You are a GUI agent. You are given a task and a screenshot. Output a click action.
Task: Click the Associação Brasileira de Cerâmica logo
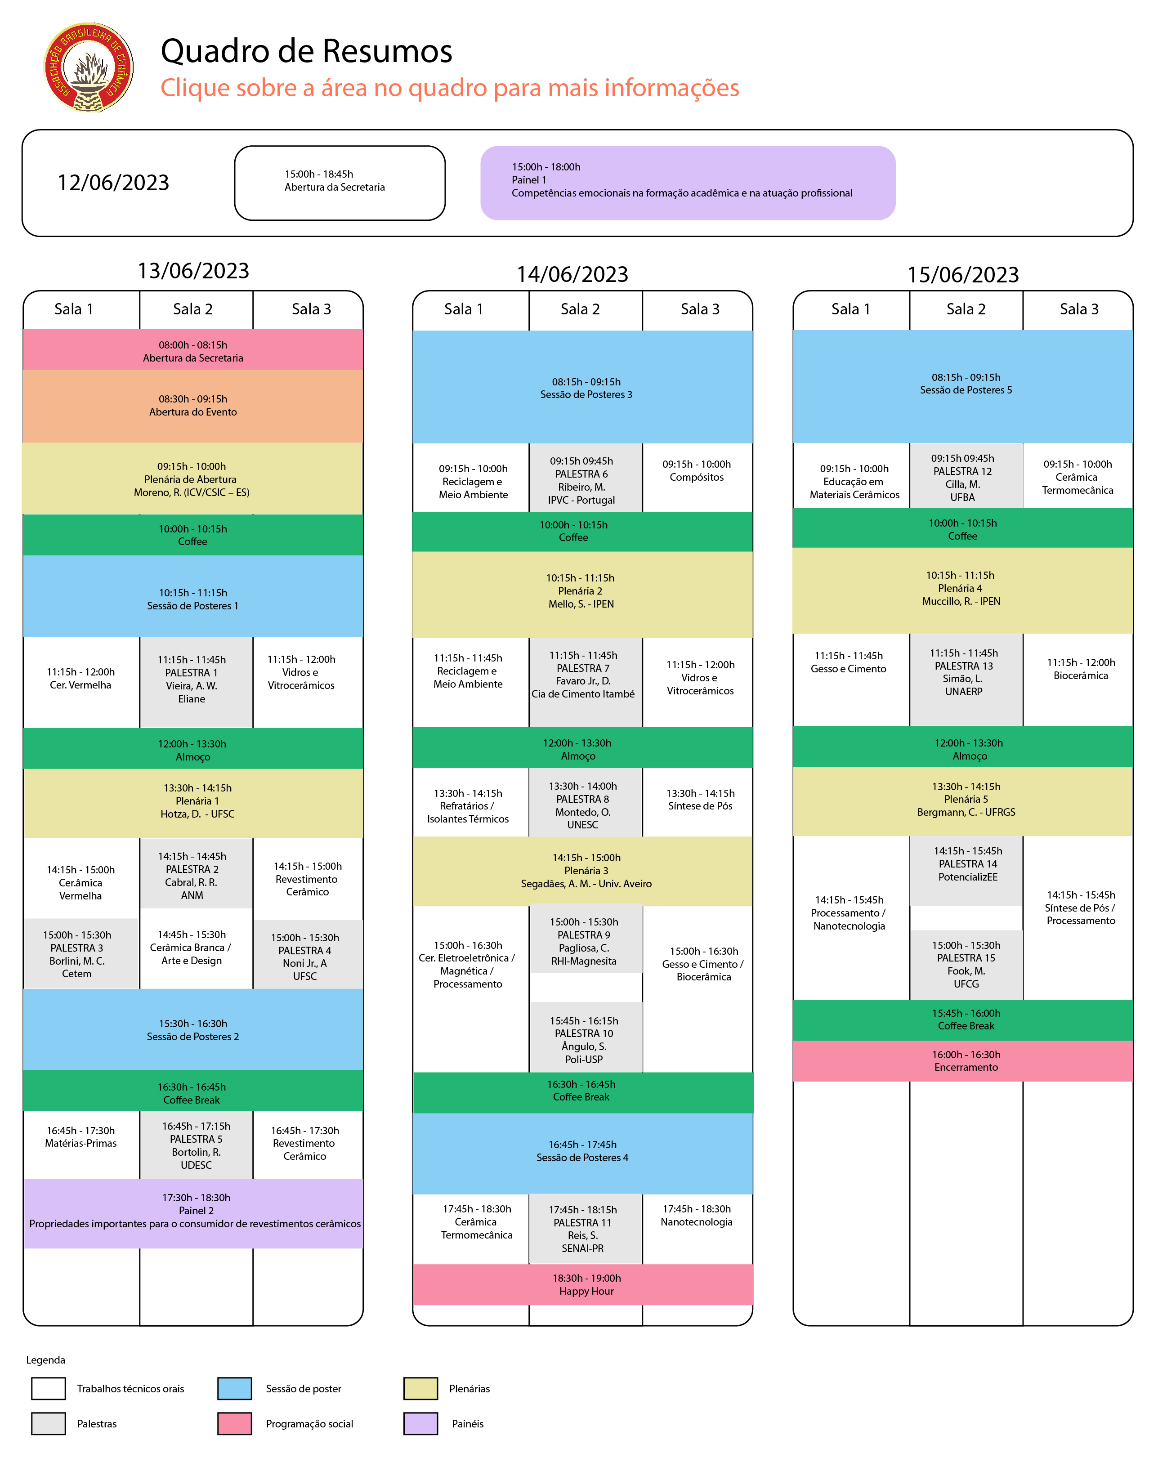89,67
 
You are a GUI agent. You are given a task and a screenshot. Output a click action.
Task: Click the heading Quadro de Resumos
306,51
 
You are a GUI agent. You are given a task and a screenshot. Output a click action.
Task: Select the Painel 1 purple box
687,183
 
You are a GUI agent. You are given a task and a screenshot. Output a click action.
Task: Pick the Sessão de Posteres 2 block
193,1029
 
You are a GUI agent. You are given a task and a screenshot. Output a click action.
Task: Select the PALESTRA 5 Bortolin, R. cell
196,1145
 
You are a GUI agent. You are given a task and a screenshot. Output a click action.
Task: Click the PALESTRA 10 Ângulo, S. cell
584,1039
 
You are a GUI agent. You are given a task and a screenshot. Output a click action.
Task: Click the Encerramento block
963,1060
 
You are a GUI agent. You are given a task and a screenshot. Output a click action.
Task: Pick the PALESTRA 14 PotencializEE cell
966,870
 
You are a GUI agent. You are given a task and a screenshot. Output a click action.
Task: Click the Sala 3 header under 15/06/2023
1078,309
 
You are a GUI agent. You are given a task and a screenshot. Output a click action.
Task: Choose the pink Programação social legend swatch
235,1423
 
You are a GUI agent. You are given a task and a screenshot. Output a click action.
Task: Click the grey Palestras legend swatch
49,1423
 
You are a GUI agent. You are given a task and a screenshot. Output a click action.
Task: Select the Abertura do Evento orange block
193,406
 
